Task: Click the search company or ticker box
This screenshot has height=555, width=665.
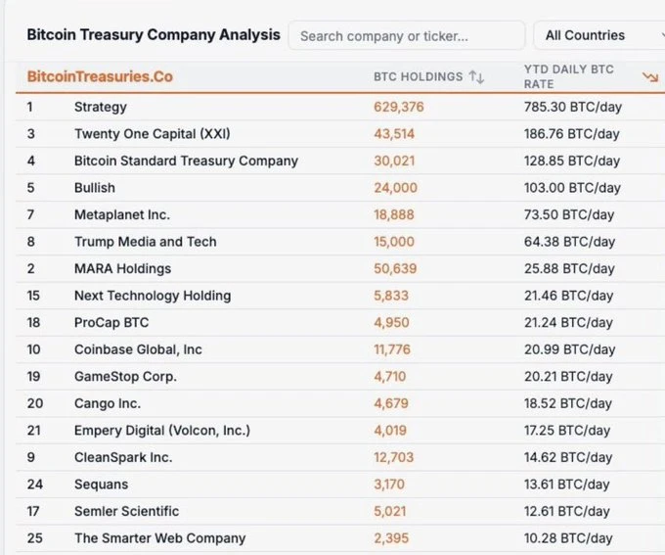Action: coord(406,35)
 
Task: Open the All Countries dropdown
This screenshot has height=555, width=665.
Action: coord(597,35)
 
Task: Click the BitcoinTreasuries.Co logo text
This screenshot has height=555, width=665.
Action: coord(100,76)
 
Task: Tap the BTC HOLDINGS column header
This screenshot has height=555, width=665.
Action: coord(418,76)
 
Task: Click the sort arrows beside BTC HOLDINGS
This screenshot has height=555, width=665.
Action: coord(476,76)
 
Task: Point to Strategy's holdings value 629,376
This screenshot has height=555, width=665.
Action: coord(398,107)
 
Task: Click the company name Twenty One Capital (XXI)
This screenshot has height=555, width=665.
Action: coord(152,133)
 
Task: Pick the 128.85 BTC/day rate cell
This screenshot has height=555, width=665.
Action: coord(572,161)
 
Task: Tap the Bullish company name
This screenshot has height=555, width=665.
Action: coord(94,187)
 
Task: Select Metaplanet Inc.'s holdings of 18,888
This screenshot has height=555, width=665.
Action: coord(395,214)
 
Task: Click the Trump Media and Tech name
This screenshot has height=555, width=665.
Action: coord(145,241)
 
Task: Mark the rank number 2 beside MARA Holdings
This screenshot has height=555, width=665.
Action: coord(30,268)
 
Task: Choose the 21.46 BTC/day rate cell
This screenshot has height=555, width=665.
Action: coord(569,296)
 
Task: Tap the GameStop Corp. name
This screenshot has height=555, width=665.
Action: coord(125,376)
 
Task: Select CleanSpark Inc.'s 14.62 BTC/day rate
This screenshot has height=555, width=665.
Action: coord(569,457)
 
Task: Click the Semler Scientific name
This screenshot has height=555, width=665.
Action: coord(126,511)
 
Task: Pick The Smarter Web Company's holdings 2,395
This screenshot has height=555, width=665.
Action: coord(391,537)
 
